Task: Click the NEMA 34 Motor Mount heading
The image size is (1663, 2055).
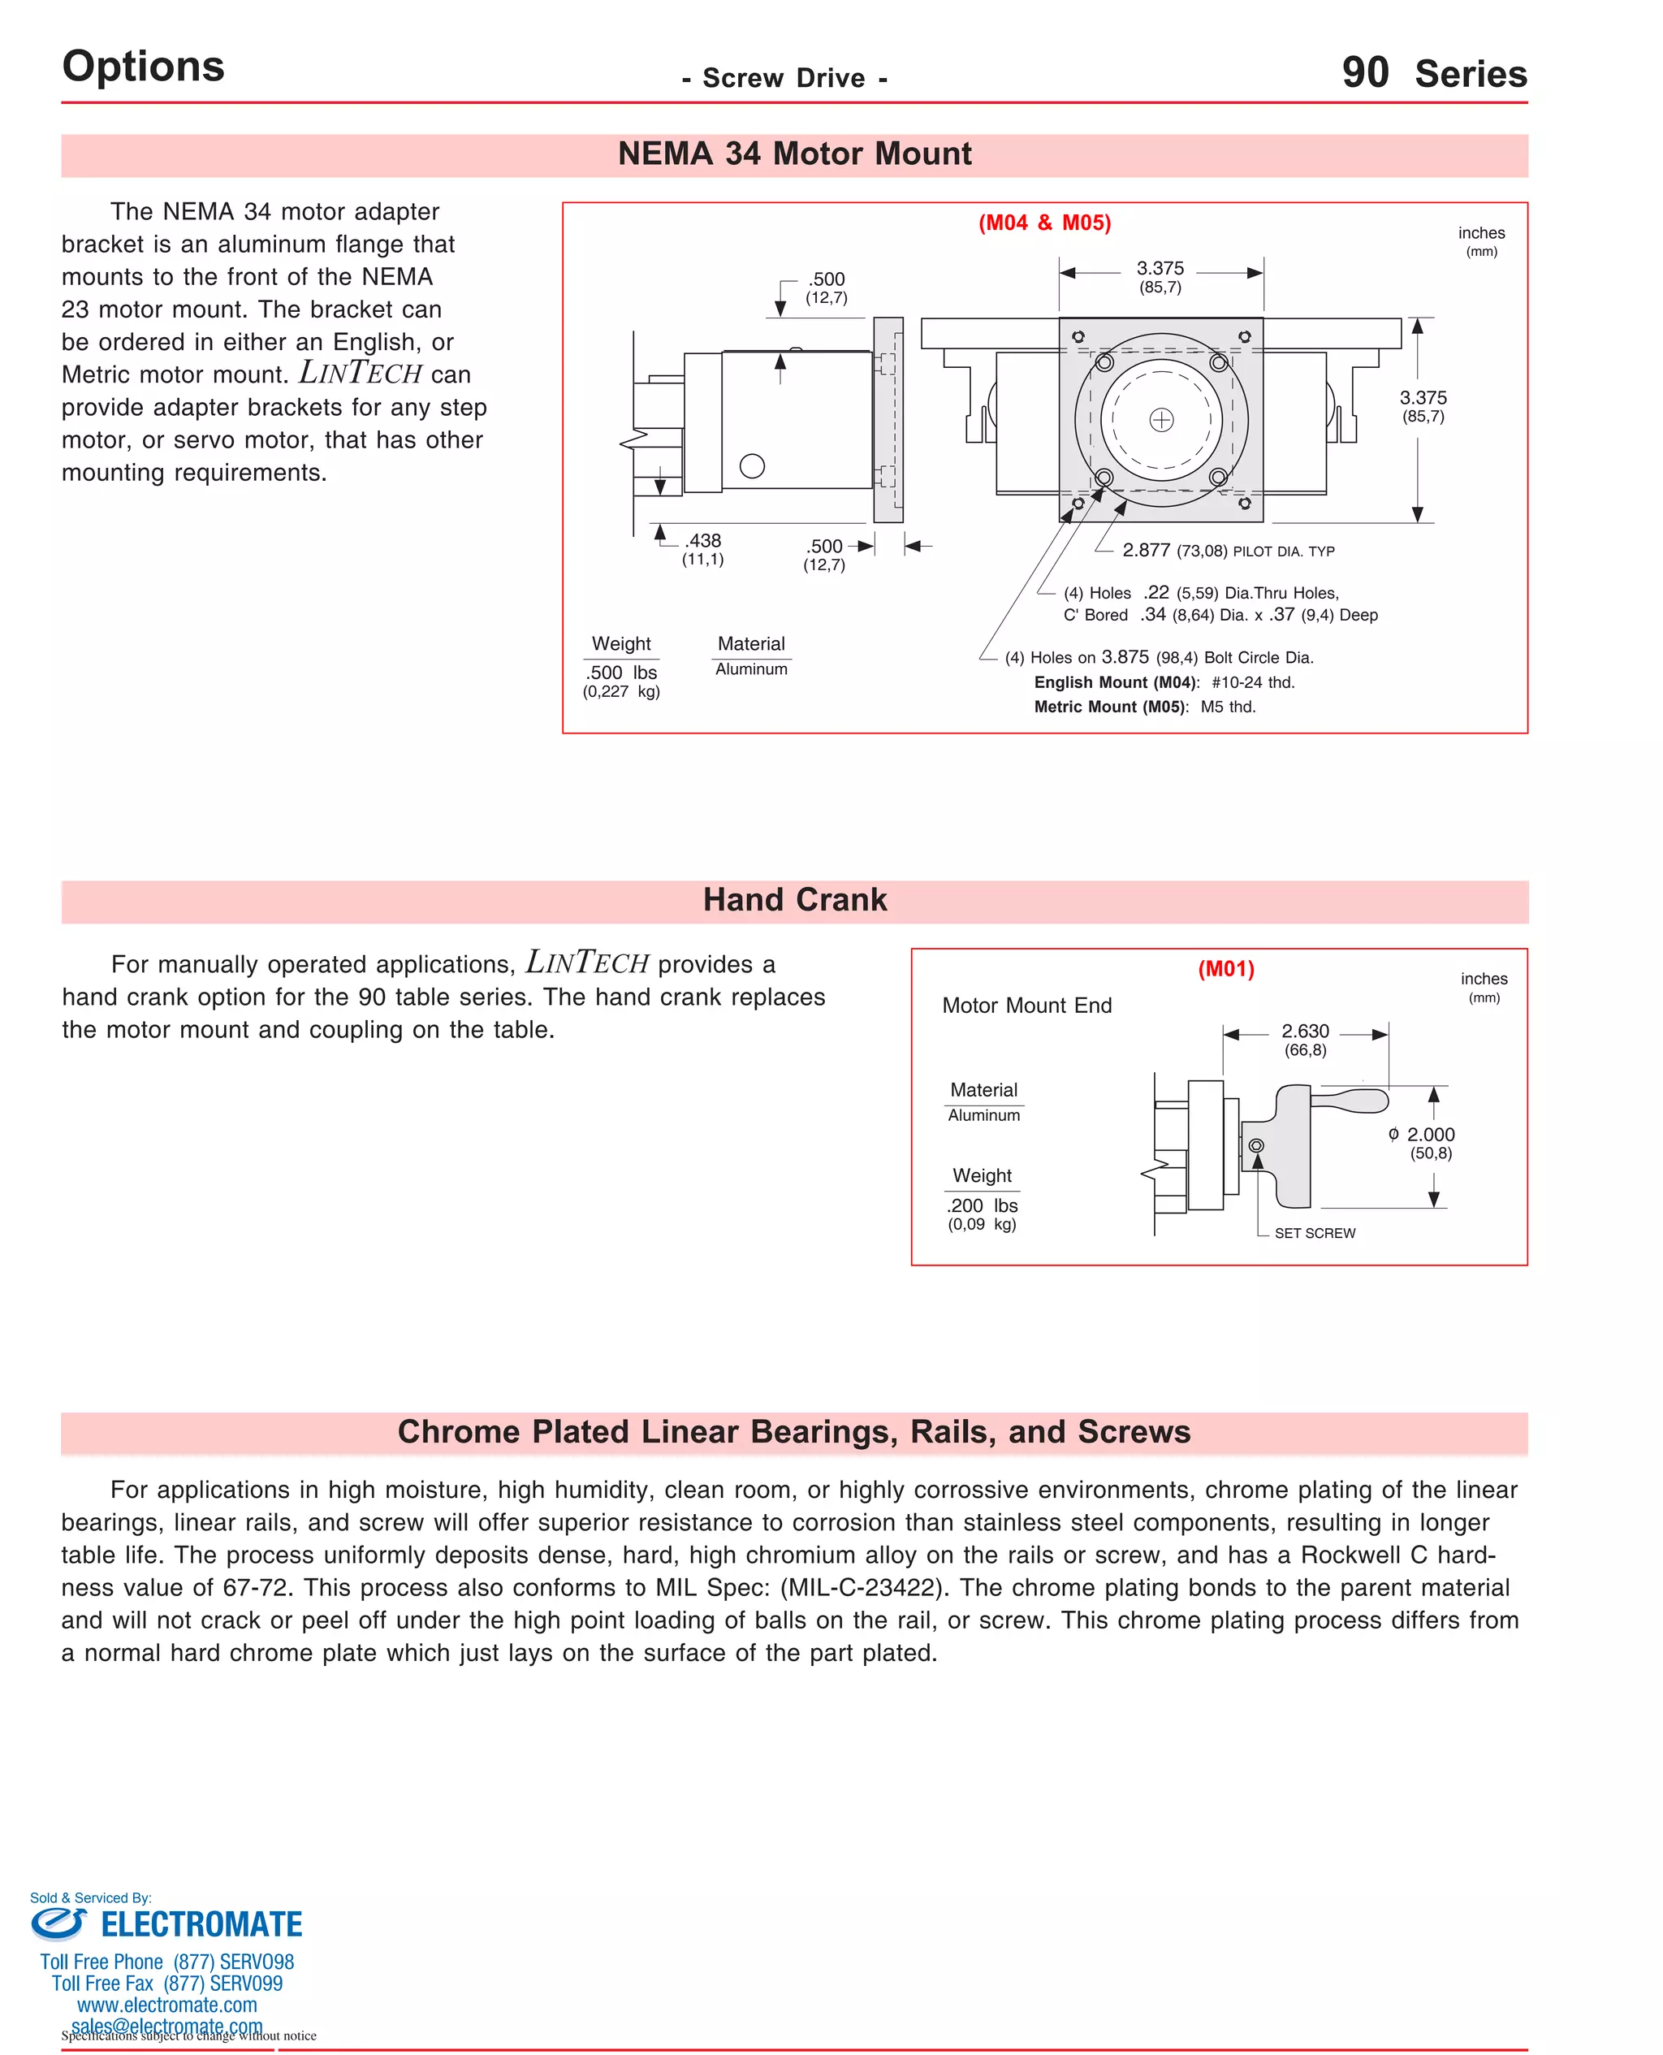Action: pos(794,154)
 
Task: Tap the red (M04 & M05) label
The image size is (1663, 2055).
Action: pos(1044,223)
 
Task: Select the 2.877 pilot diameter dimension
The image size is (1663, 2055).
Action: pos(1146,550)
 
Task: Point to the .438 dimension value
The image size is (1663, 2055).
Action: pos(703,541)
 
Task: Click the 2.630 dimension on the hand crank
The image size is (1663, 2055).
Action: pos(1305,1031)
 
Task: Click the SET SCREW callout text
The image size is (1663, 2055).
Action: pos(1315,1233)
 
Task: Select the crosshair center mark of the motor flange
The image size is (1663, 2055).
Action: pos(1161,420)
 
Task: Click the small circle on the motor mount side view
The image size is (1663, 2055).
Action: pos(752,465)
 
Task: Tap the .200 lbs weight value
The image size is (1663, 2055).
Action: pos(982,1205)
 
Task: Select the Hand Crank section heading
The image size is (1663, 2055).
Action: pos(794,900)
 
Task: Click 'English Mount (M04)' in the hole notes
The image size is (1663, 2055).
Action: pos(1115,682)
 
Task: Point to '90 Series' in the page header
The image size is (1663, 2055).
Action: pos(1433,74)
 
